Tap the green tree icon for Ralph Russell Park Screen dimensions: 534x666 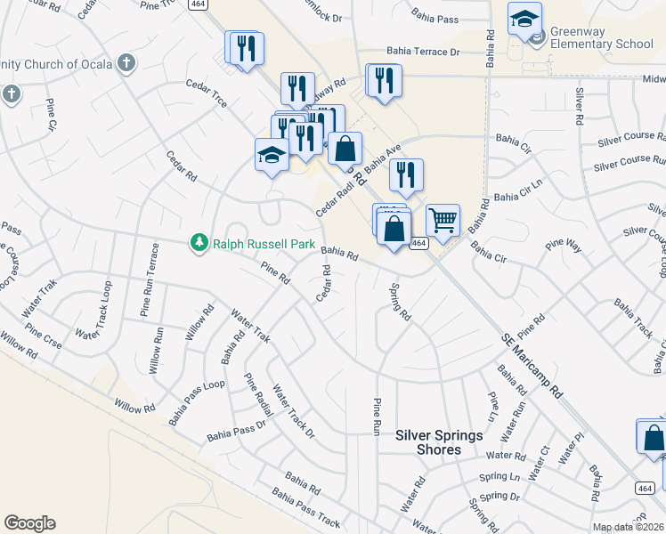coord(200,242)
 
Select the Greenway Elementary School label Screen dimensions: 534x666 coord(601,37)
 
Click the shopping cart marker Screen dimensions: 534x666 coord(443,219)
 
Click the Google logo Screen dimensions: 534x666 coord(29,523)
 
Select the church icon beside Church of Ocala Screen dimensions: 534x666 coord(126,63)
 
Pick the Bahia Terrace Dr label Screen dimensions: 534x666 coord(422,53)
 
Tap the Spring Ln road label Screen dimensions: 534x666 coord(499,479)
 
